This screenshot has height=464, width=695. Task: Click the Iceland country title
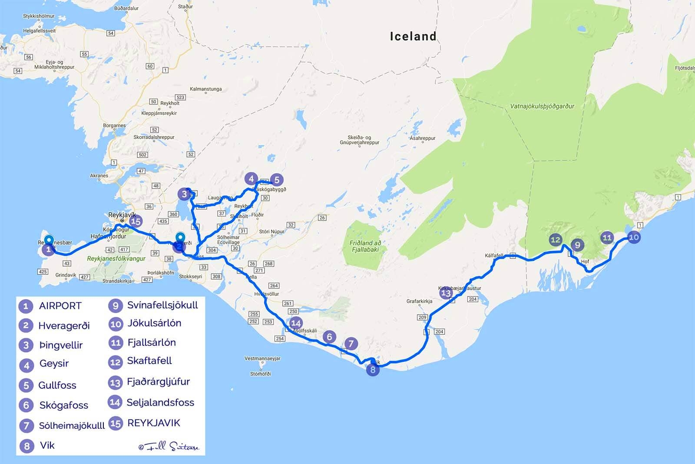pyautogui.click(x=413, y=36)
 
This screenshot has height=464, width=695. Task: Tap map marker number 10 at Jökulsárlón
pyautogui.click(x=634, y=237)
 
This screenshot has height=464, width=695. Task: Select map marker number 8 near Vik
pyautogui.click(x=373, y=370)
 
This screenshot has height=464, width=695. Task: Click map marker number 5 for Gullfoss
pyautogui.click(x=276, y=180)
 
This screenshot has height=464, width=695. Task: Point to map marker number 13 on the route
pyautogui.click(x=446, y=293)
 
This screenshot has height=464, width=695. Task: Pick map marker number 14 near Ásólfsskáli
pyautogui.click(x=296, y=323)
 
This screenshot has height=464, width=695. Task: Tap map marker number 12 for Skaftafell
pyautogui.click(x=555, y=240)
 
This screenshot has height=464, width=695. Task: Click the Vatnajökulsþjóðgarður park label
pyautogui.click(x=542, y=106)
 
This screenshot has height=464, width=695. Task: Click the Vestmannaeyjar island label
pyautogui.click(x=262, y=359)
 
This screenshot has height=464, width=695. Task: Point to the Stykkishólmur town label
pyautogui.click(x=39, y=16)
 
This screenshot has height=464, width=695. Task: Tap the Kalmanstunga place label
pyautogui.click(x=206, y=89)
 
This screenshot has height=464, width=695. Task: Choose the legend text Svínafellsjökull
pyautogui.click(x=162, y=305)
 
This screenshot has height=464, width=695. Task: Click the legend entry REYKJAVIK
pyautogui.click(x=153, y=423)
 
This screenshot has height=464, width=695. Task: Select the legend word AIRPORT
pyautogui.click(x=60, y=306)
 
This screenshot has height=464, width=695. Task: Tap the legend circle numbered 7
pyautogui.click(x=26, y=425)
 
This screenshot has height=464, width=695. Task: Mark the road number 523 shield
pyautogui.click(x=180, y=97)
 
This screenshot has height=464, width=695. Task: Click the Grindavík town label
pyautogui.click(x=66, y=275)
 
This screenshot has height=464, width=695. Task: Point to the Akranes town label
pyautogui.click(x=99, y=176)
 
